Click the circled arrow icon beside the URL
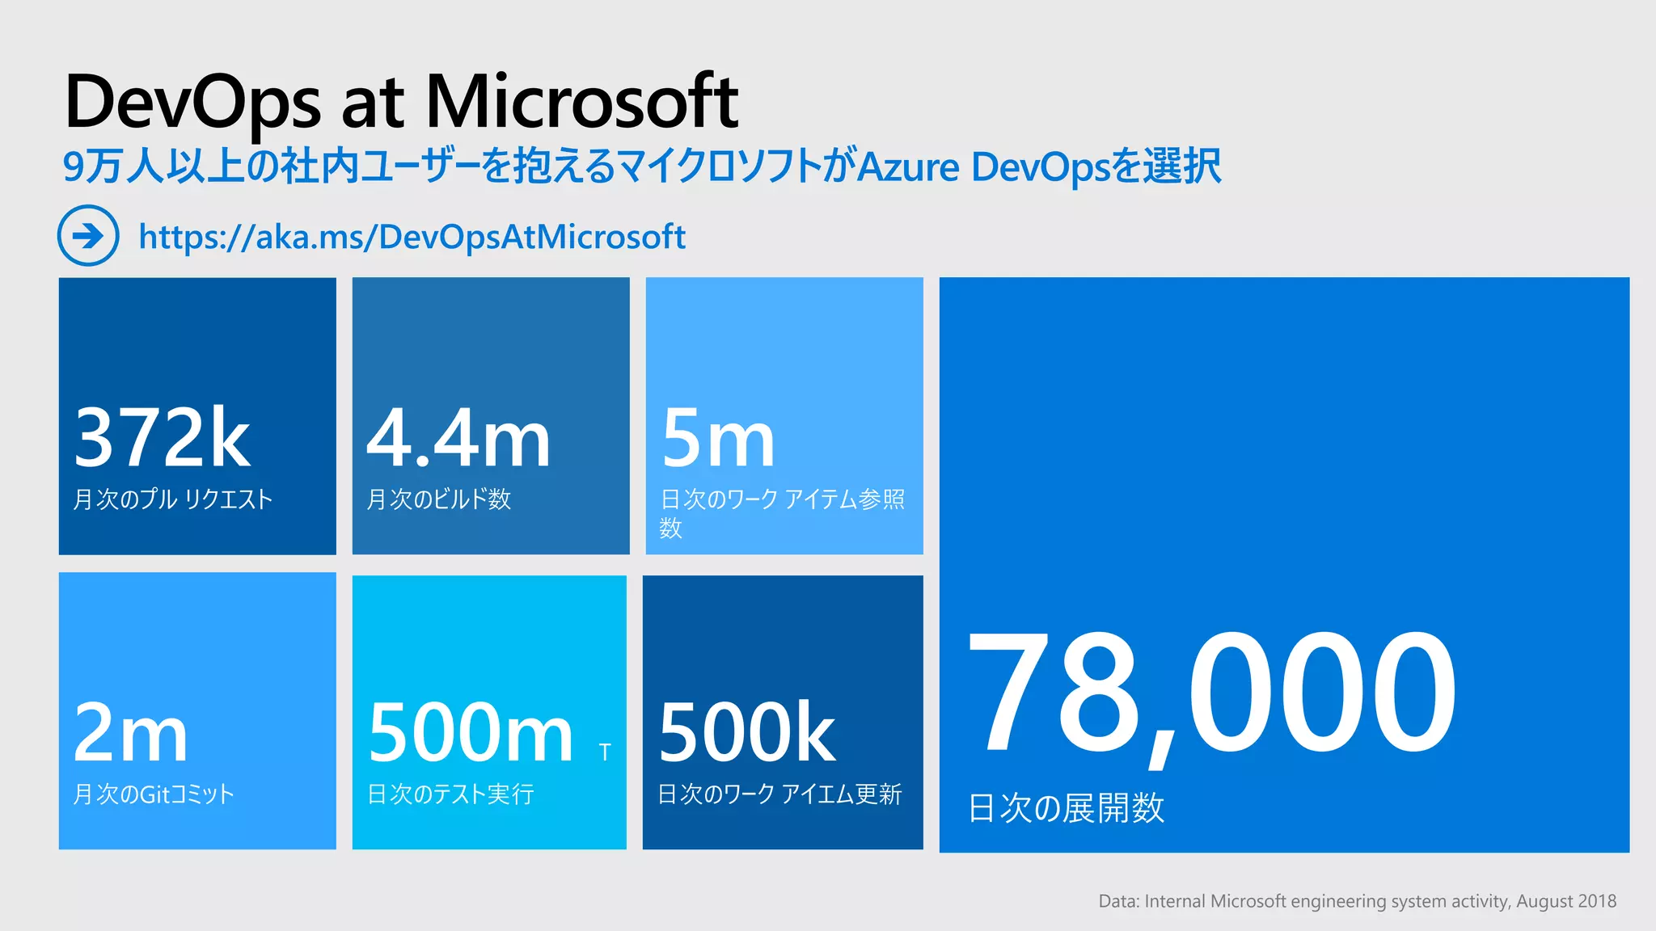click(88, 235)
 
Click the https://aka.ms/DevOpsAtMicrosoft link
click(412, 237)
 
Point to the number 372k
click(162, 438)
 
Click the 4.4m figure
click(458, 438)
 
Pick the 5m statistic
click(718, 438)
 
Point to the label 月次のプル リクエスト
click(173, 499)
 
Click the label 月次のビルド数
click(439, 499)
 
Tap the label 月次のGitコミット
click(154, 794)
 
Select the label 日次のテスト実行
click(450, 794)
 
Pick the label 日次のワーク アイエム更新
click(779, 794)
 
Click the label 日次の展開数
click(1066, 808)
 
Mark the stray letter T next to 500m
click(605, 753)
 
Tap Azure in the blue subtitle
click(908, 167)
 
